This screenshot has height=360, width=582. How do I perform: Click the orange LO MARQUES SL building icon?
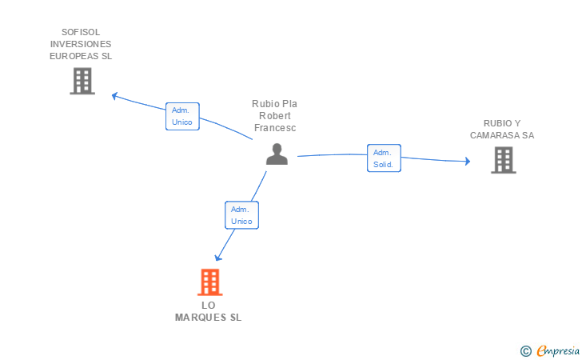209,282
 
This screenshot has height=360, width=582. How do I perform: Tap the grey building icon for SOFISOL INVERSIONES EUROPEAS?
82,81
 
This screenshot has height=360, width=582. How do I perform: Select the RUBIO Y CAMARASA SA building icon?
503,160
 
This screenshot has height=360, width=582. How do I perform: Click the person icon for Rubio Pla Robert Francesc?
277,154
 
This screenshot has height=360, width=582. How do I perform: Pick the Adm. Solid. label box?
384,158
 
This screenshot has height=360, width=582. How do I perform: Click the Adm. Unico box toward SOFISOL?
181,116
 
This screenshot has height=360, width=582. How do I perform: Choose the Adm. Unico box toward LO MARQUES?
241,214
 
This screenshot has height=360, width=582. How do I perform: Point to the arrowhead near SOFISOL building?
115,96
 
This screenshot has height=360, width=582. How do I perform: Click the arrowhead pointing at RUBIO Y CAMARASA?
466,161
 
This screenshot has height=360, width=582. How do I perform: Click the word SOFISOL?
81,33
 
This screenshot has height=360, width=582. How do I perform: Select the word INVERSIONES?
81,45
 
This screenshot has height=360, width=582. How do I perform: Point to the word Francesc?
274,128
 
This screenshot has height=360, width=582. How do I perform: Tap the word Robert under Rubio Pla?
274,116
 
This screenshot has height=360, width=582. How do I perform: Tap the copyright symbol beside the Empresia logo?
525,350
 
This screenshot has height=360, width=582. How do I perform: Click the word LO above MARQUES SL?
209,306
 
